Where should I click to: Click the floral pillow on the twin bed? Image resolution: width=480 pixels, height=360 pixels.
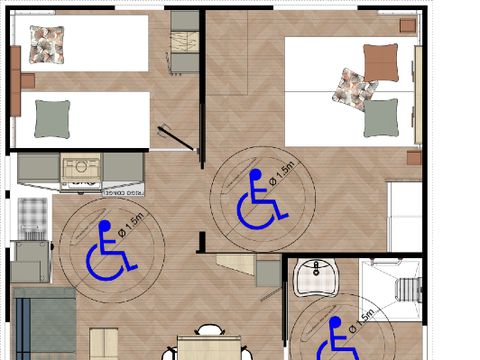[x=46, y=42]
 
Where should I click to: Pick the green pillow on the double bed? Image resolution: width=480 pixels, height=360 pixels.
[x=381, y=118]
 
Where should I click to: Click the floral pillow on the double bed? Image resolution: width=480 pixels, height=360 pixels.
[x=354, y=88]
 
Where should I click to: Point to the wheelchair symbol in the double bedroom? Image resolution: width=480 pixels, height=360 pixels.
[x=259, y=198]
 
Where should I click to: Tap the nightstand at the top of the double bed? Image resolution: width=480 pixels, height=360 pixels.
[x=408, y=24]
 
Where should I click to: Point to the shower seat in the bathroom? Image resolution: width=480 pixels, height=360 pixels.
[x=411, y=290]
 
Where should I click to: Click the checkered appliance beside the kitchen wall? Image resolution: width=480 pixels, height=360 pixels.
[x=33, y=212]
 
